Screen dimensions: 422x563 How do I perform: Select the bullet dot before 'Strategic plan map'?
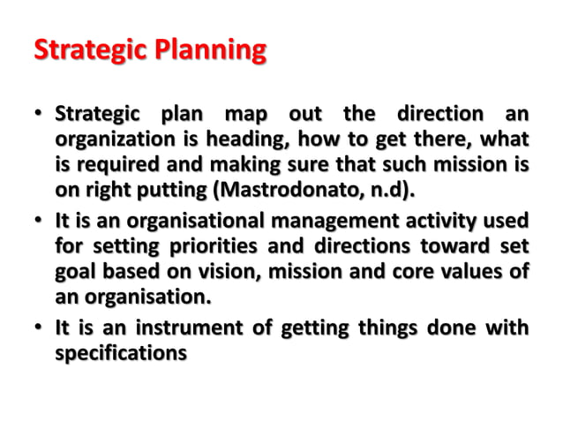[40, 116]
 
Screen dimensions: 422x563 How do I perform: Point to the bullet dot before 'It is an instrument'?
[40, 328]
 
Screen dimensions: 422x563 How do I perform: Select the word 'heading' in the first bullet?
[255, 139]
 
